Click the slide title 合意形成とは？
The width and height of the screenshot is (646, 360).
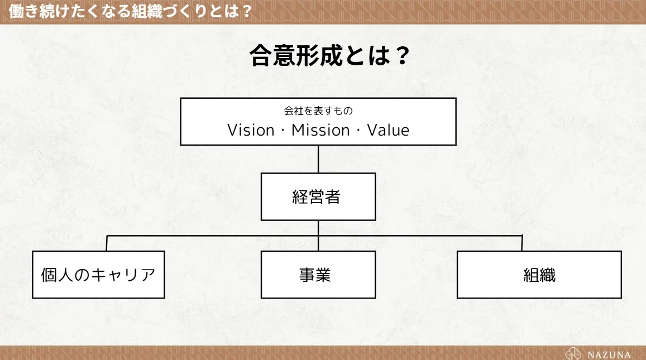pyautogui.click(x=329, y=55)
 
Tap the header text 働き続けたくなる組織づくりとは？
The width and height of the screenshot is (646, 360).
pyautogui.click(x=130, y=11)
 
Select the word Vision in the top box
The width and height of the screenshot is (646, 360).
pyautogui.click(x=251, y=130)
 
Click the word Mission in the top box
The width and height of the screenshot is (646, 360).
pyautogui.click(x=320, y=130)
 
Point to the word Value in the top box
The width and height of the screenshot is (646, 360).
pyautogui.click(x=388, y=130)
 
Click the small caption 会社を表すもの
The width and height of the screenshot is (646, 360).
pyautogui.click(x=318, y=111)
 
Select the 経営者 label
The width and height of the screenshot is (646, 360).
pyautogui.click(x=317, y=197)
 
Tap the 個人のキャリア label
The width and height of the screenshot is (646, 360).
pyautogui.click(x=98, y=275)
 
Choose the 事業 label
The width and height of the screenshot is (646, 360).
pyautogui.click(x=315, y=275)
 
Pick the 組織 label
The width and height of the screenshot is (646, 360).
pyautogui.click(x=539, y=275)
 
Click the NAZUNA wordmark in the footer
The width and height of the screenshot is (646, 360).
pyautogui.click(x=609, y=354)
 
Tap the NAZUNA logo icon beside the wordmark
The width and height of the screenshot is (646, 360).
pyautogui.click(x=573, y=354)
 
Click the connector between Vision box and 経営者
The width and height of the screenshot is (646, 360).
pyautogui.click(x=318, y=159)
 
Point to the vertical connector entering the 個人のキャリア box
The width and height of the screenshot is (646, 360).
pyautogui.click(x=107, y=243)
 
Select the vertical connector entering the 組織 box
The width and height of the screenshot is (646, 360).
pyautogui.click(x=522, y=243)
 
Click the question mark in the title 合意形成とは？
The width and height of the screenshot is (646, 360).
pyautogui.click(x=401, y=56)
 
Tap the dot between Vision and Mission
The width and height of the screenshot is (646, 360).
pyautogui.click(x=283, y=131)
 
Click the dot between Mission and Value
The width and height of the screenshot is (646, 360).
pyautogui.click(x=358, y=131)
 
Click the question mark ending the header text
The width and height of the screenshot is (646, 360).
pyautogui.click(x=247, y=12)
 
